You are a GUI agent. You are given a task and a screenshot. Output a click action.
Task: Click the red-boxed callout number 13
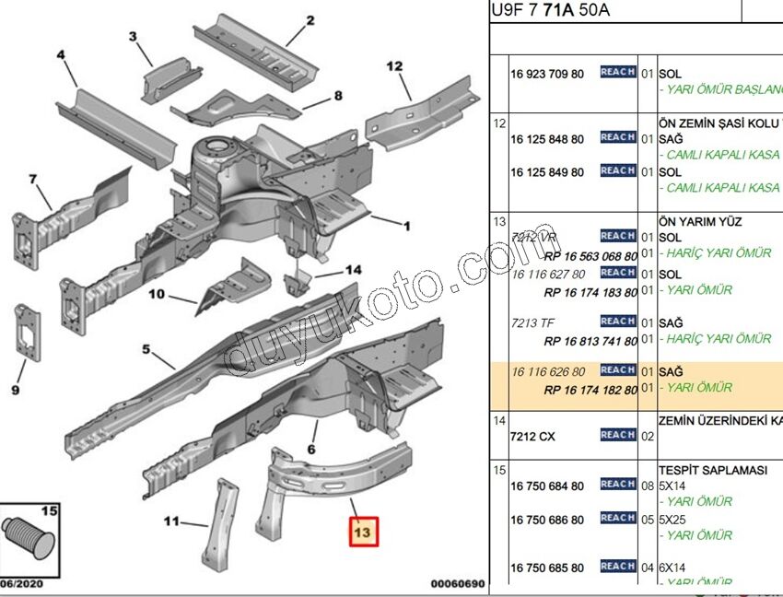[x=361, y=532]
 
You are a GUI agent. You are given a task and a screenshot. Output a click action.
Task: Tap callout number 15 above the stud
[x=49, y=510]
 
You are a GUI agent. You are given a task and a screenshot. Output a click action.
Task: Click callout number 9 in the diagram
[x=15, y=391]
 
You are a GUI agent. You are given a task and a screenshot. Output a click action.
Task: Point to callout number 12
[x=394, y=66]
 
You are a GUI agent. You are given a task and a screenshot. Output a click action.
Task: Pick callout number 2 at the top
[x=310, y=20]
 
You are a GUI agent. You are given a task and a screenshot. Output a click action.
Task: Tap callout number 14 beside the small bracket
[x=354, y=270]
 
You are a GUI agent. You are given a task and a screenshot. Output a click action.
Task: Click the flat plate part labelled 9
[x=29, y=334]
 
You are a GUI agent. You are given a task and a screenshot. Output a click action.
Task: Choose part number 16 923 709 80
[x=546, y=74]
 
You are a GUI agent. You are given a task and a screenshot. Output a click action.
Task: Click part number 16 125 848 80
[x=546, y=139]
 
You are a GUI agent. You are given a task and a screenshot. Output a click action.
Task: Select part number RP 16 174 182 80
[x=590, y=390]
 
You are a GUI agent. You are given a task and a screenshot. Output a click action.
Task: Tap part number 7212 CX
[x=534, y=437]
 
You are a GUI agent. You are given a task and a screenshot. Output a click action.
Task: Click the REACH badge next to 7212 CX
[x=617, y=435]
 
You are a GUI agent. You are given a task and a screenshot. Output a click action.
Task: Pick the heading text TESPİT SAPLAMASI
[x=712, y=470]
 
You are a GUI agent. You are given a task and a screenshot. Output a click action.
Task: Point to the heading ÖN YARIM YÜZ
[x=699, y=222]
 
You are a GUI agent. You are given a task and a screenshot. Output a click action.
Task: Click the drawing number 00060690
[x=457, y=584]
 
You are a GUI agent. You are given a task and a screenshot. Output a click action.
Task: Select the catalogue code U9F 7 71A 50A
[x=550, y=11]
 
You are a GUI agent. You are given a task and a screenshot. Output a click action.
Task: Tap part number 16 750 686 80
[x=546, y=520]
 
